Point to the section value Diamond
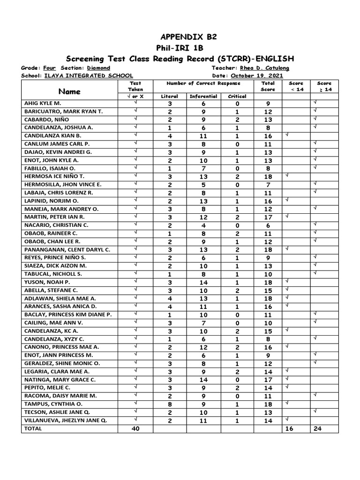click(99, 68)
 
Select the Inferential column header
click(203, 96)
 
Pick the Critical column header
click(237, 96)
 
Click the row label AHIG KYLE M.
click(46, 103)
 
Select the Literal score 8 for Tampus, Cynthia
click(170, 404)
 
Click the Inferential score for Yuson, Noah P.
click(203, 282)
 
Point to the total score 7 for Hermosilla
click(268, 185)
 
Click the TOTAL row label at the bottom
click(33, 428)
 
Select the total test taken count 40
click(135, 428)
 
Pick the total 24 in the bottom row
click(324, 428)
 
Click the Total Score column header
click(268, 86)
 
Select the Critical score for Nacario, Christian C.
click(237, 225)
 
